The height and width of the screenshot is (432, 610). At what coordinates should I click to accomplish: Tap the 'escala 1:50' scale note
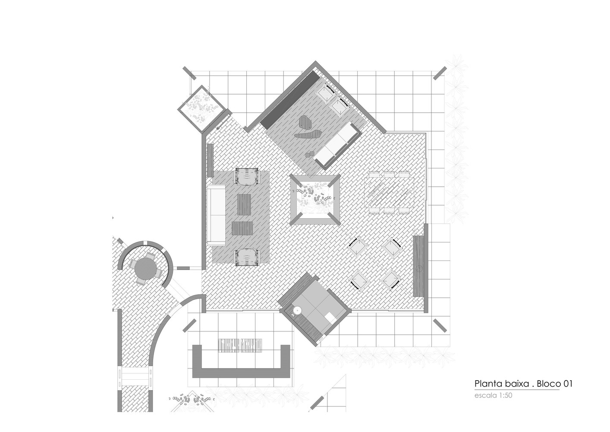coord(493,395)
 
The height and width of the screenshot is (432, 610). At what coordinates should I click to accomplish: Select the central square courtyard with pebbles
coord(314,199)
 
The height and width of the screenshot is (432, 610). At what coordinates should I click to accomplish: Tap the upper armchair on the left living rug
coord(246,176)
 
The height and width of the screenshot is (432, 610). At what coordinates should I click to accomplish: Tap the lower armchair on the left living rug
coord(246,257)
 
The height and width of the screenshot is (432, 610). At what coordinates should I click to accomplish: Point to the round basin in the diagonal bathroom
coord(297,310)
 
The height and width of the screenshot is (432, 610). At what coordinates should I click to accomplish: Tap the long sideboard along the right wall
coord(418,265)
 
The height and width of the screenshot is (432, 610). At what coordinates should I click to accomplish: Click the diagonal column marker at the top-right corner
coord(440,73)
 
